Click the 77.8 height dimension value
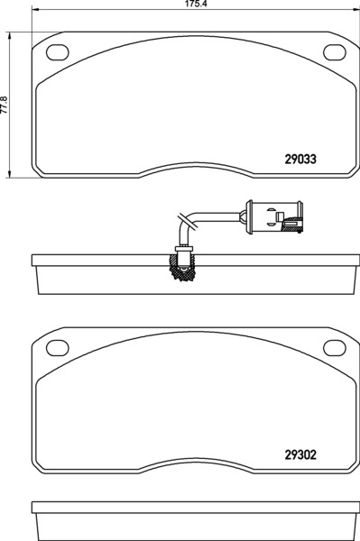4,105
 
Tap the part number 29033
300,159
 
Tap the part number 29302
300,454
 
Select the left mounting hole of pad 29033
58,52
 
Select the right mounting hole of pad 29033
335,52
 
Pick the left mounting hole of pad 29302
58,348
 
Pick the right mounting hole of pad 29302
335,348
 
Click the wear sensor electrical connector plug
274,217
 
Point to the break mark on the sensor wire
188,221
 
